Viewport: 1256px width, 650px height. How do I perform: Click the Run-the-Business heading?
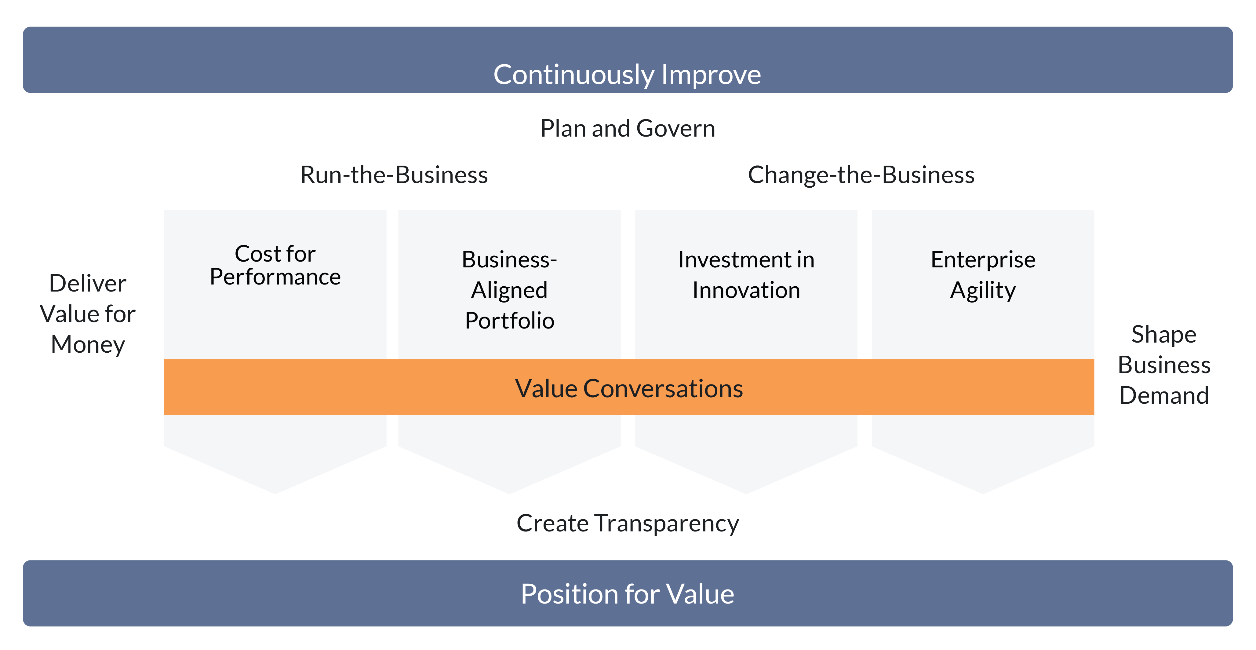click(394, 175)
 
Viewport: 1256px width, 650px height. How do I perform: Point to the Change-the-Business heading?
click(861, 175)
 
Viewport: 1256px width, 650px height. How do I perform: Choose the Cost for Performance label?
click(275, 265)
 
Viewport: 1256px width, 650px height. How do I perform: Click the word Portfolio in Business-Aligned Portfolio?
click(510, 321)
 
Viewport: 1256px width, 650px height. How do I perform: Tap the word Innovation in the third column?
click(746, 290)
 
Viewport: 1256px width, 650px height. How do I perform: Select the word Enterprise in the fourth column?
click(983, 260)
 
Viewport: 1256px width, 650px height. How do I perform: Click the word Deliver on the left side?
click(88, 284)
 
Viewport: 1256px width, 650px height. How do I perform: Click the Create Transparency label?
click(628, 523)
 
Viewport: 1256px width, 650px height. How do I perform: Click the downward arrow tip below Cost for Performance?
click(275, 493)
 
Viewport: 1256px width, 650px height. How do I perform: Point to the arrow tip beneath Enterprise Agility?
click(983, 493)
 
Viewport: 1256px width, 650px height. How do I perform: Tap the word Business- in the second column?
click(510, 260)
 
